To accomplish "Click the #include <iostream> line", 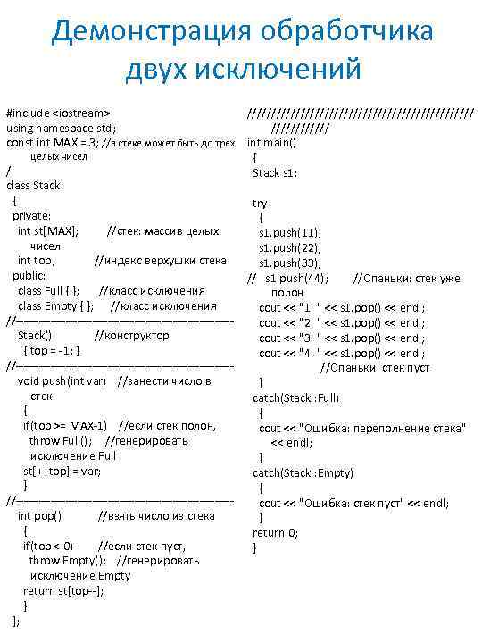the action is coord(58,113).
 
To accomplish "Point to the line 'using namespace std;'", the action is coord(62,128).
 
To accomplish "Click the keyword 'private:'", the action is coord(31,215).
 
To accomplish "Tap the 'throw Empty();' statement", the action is coord(68,560).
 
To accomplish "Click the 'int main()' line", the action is coord(271,143).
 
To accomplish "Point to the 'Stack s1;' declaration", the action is coord(275,172).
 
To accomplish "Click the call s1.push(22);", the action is coord(290,247).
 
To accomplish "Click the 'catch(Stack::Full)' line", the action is coord(295,397).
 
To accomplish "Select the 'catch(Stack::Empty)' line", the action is coord(303,472).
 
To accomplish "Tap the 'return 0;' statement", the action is coord(275,532).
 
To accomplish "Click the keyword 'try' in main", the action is coord(260,203).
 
